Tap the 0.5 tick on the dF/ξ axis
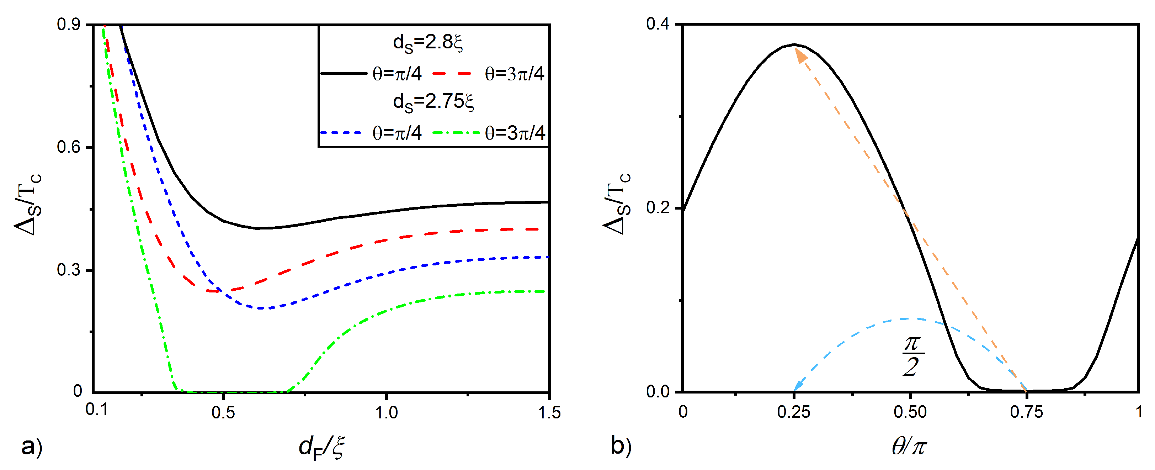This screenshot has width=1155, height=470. click(x=223, y=412)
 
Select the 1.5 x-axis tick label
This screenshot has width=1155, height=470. click(x=549, y=412)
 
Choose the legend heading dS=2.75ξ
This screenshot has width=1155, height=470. click(x=433, y=102)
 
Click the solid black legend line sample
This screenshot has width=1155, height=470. click(x=344, y=73)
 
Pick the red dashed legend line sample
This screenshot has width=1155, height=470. click(x=452, y=73)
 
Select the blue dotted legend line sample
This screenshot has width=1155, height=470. click(x=341, y=133)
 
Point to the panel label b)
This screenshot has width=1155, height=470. click(x=621, y=446)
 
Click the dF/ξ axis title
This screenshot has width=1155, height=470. click(x=321, y=448)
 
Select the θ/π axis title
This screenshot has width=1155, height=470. click(x=909, y=447)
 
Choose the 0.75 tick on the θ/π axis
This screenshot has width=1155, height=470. click(x=1026, y=412)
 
